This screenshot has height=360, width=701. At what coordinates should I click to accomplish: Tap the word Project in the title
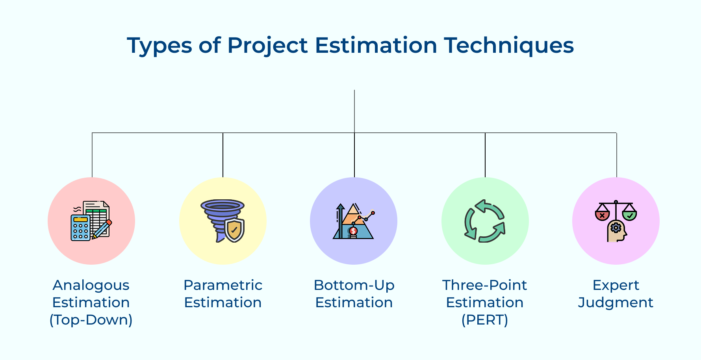(267, 45)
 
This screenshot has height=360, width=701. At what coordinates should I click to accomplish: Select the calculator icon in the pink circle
(81, 228)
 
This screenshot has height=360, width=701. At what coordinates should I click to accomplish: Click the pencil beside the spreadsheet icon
(102, 229)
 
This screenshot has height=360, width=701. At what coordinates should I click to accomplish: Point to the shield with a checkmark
(234, 230)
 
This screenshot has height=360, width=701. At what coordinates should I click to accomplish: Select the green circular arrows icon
(485, 221)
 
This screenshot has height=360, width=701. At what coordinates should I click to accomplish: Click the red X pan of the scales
(602, 215)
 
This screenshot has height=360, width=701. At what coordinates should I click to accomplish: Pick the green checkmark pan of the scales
(630, 215)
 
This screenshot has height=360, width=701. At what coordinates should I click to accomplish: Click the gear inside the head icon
(616, 228)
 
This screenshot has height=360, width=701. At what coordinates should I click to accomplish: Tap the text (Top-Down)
(91, 320)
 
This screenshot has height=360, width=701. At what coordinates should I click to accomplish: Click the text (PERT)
(485, 320)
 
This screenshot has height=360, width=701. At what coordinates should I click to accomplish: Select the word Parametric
(223, 285)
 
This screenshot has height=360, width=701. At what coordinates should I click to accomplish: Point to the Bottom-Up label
(354, 285)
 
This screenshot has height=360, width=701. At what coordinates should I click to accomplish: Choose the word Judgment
(616, 303)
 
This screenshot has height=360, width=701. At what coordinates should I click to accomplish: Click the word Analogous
(91, 286)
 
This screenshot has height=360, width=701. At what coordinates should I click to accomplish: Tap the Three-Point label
(485, 285)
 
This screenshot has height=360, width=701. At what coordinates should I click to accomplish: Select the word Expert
(616, 286)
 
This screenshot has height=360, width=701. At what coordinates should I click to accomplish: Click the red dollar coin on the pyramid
(353, 231)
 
